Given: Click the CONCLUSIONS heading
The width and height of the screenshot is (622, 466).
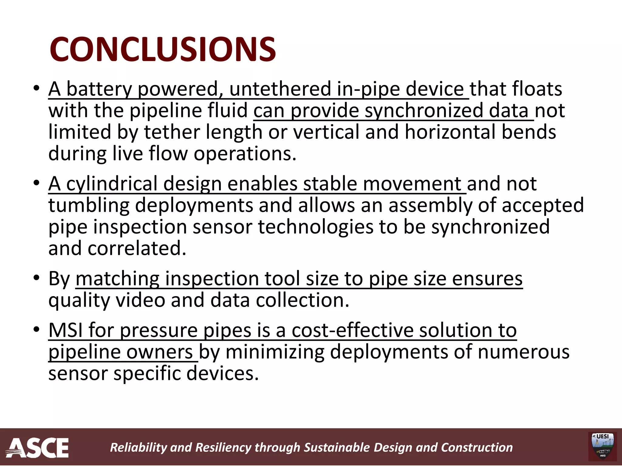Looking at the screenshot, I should [x=163, y=49].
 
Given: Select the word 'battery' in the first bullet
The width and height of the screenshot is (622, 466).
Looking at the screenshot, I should [x=99, y=89].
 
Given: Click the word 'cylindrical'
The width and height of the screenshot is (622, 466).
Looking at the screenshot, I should [x=111, y=184].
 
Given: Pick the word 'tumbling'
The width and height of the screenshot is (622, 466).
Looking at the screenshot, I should [x=89, y=205].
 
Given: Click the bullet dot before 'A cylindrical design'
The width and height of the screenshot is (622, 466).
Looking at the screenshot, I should [x=37, y=183].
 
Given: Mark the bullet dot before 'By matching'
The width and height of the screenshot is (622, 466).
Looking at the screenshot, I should [x=37, y=278].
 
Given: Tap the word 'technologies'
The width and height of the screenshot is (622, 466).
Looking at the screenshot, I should [x=315, y=227].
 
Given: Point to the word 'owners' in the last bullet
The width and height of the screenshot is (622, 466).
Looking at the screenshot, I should [x=159, y=352].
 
